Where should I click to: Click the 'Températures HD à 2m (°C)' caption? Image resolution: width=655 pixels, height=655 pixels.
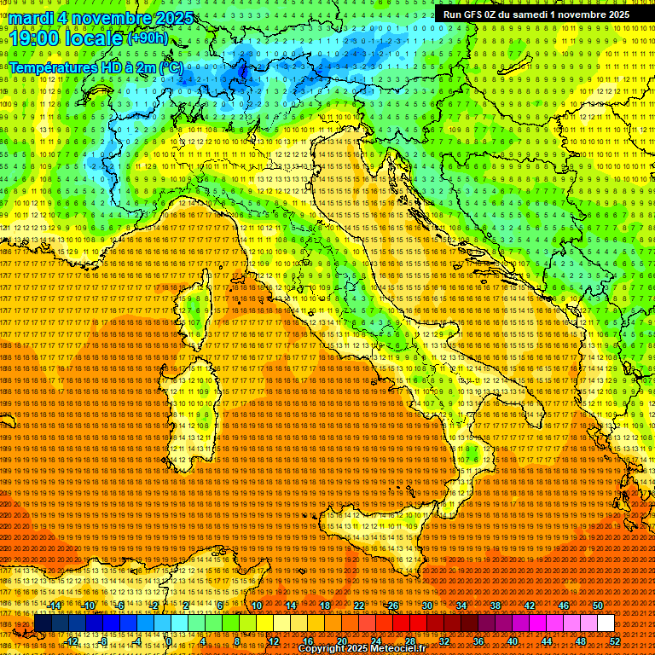click(x=96, y=67)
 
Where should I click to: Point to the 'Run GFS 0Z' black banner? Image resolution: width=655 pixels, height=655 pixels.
click(x=536, y=14)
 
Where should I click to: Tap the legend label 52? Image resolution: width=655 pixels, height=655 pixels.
click(x=615, y=641)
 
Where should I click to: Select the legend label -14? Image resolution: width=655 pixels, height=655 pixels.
click(x=55, y=606)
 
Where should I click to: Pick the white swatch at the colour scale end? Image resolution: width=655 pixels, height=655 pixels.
click(x=606, y=623)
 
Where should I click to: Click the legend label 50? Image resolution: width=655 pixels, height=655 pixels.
click(x=598, y=606)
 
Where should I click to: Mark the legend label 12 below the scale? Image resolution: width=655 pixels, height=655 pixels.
click(x=273, y=641)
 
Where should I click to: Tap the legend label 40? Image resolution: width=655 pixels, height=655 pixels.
click(x=513, y=641)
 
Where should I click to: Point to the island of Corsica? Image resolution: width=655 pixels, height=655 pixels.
click(x=197, y=308)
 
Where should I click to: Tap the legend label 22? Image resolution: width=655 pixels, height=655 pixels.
click(x=359, y=606)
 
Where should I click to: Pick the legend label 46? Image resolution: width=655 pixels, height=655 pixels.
click(x=564, y=606)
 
